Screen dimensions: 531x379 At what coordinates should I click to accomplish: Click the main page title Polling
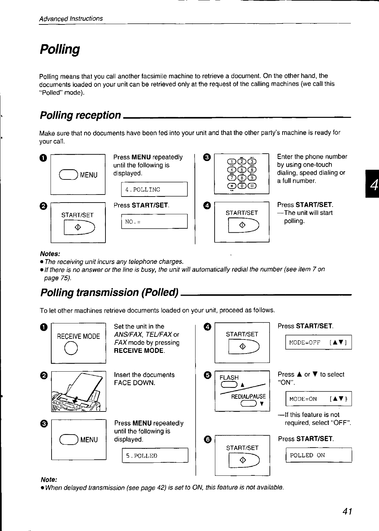click(x=60, y=50)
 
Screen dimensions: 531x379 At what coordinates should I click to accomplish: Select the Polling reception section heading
click(x=80, y=115)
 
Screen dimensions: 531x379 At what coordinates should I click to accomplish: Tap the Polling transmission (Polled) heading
click(x=109, y=292)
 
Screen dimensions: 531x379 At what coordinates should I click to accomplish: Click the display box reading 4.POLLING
click(x=154, y=189)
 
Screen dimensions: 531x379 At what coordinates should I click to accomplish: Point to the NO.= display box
click(x=154, y=221)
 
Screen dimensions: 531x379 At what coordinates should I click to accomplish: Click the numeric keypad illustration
click(x=242, y=173)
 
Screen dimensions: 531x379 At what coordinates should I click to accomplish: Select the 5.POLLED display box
click(x=155, y=456)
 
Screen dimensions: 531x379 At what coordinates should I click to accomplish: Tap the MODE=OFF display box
click(x=318, y=342)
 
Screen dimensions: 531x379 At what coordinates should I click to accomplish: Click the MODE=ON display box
click(x=318, y=399)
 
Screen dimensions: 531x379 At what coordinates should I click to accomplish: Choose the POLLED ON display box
click(x=318, y=455)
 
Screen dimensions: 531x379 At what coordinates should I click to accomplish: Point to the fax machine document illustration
click(x=79, y=391)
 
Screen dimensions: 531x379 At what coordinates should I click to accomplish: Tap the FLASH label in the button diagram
click(x=229, y=378)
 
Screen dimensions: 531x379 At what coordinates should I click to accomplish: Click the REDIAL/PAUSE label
click(x=248, y=396)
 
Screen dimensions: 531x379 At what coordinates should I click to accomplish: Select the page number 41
click(x=347, y=511)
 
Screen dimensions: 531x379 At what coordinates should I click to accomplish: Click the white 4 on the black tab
click(x=372, y=184)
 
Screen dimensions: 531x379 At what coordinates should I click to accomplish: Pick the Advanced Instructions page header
click(x=71, y=19)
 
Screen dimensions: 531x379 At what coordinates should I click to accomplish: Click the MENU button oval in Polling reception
click(x=68, y=175)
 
